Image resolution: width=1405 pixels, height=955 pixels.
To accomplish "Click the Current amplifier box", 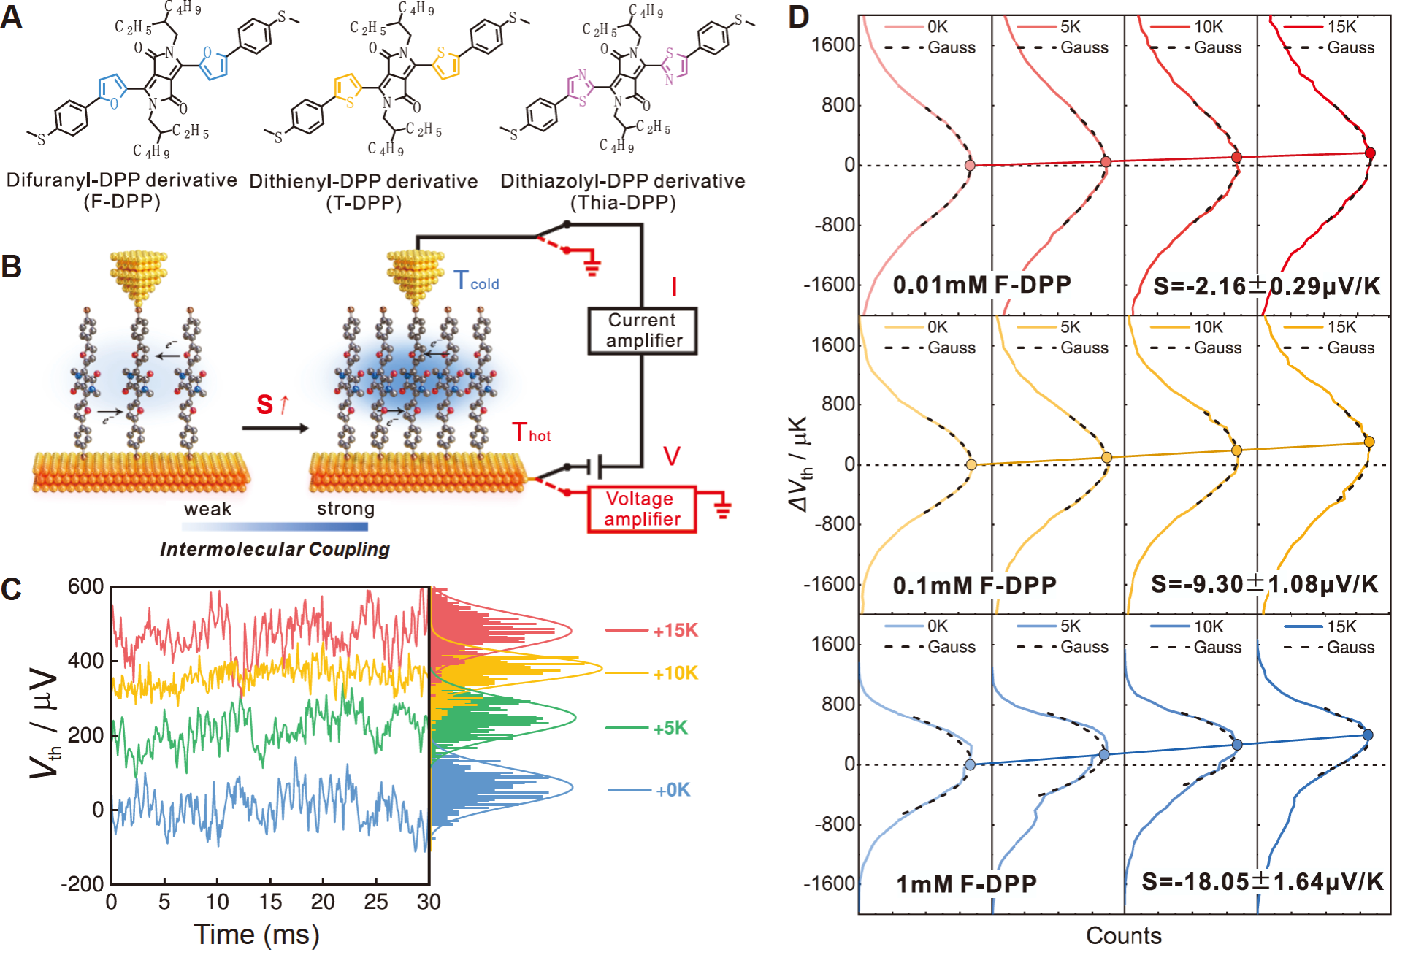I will click(643, 331).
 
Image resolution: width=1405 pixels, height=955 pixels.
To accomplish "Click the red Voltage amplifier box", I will click(642, 509).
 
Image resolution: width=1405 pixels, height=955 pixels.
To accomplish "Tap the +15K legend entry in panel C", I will click(675, 630).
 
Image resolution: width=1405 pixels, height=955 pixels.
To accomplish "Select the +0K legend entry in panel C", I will click(672, 790).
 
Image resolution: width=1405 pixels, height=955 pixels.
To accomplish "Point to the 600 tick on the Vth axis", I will click(86, 586).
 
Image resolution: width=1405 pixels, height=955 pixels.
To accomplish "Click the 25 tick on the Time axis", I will click(375, 902).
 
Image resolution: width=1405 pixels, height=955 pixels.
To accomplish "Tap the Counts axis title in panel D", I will click(1123, 936).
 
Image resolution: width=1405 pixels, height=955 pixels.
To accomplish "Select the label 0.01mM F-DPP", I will click(981, 285).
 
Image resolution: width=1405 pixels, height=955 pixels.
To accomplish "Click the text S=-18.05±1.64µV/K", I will click(1263, 882).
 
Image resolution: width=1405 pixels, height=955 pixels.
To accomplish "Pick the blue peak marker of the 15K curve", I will click(1368, 735).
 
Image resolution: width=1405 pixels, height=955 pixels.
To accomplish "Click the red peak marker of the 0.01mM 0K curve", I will click(970, 166).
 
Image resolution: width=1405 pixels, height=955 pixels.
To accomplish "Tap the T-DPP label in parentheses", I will click(364, 203).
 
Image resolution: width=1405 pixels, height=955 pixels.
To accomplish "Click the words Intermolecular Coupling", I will click(275, 549).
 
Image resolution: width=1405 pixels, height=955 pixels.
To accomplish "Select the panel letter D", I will click(799, 17).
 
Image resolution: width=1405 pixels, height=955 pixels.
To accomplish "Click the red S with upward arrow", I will click(273, 404).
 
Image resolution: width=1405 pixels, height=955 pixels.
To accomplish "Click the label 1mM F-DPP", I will click(966, 885).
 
